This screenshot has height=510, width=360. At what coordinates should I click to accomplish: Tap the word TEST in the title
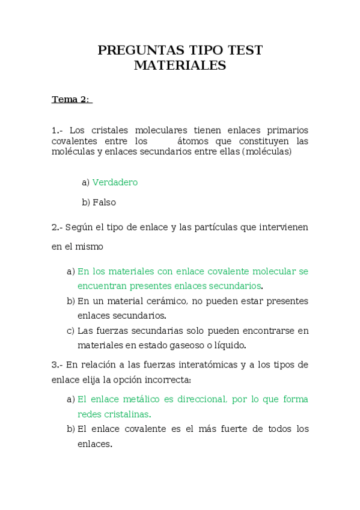point(246,51)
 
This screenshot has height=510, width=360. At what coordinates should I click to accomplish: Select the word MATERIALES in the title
point(180,66)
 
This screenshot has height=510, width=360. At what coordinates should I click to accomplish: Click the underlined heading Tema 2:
point(71,99)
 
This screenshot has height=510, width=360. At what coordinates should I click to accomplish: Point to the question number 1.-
point(58,131)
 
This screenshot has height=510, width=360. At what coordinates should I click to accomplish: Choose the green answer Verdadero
point(115,182)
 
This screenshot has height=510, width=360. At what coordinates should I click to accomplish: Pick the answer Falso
point(104,203)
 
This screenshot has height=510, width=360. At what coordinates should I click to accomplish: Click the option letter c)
point(70,330)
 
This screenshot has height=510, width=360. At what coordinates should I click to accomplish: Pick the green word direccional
point(199,399)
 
